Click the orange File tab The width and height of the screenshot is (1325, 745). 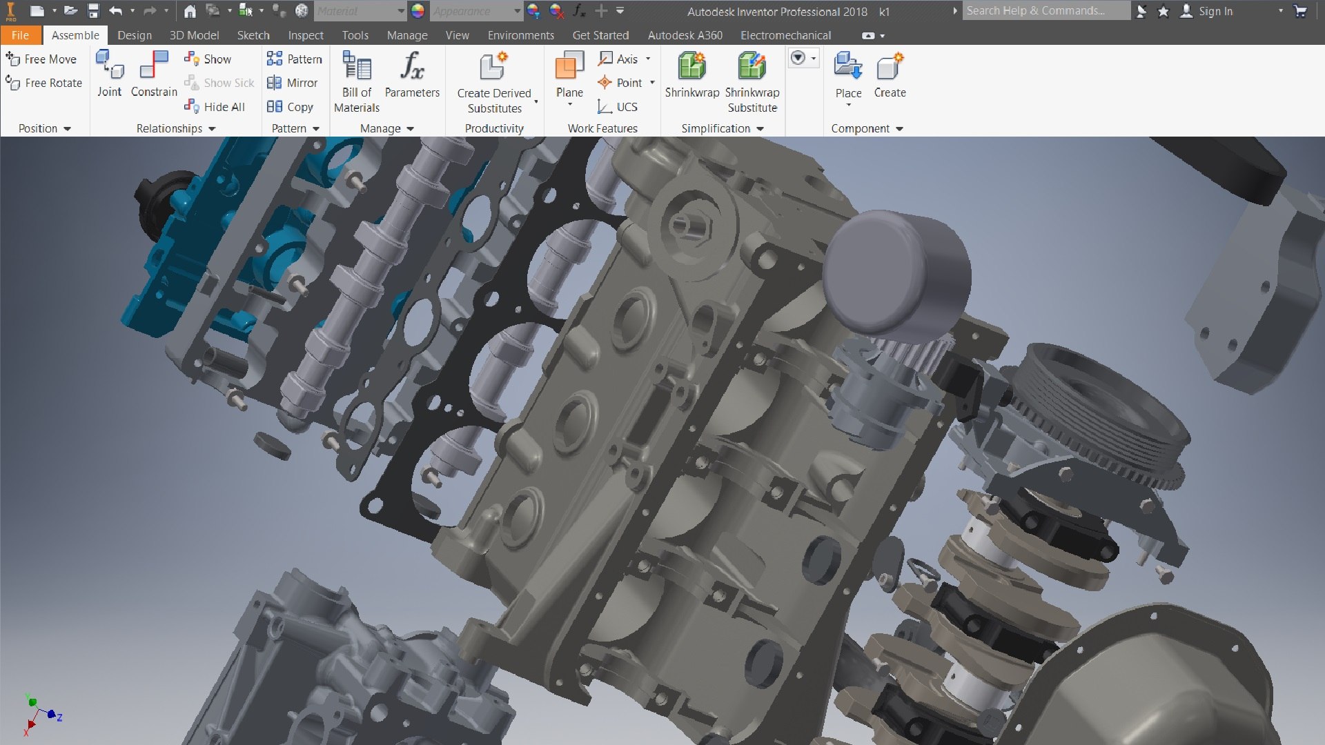(20, 35)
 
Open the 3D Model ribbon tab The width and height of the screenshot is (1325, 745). (194, 35)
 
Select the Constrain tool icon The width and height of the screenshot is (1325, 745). (154, 66)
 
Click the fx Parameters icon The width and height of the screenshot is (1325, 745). (412, 68)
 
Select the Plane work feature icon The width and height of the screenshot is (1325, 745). (569, 67)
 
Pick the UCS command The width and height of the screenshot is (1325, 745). (618, 107)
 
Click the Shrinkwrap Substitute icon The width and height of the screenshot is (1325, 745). (752, 68)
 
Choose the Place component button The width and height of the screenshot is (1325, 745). (848, 68)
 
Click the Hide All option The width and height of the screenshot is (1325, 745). (215, 107)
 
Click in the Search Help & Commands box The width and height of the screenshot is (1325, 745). (1046, 10)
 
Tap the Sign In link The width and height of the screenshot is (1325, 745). (1215, 11)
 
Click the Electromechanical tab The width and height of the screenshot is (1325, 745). (785, 35)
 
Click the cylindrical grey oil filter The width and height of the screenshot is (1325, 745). (897, 276)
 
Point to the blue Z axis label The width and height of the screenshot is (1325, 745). (60, 717)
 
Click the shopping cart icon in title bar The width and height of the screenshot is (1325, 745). (1300, 11)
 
